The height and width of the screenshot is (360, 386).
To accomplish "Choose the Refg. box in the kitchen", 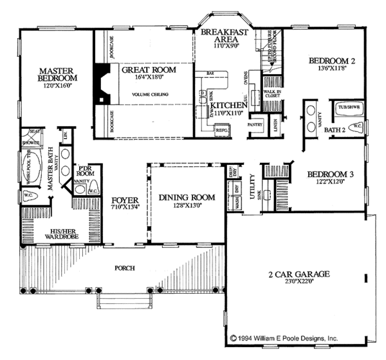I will point(223,129).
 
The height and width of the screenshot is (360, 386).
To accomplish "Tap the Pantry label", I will point(255,124).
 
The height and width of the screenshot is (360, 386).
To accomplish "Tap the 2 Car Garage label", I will point(299,275).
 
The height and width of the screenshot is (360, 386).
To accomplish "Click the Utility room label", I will point(253,187).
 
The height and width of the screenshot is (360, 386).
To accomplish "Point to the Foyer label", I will point(121,199).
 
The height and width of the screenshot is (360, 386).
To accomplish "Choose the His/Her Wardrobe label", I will point(55,234).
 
